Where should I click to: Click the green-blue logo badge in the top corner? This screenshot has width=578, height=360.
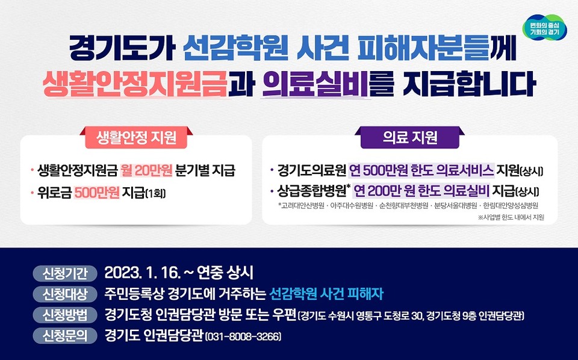[x=544, y=27]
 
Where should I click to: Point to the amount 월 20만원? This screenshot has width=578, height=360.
[x=146, y=171]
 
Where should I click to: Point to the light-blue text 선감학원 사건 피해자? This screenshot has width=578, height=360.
[x=327, y=294]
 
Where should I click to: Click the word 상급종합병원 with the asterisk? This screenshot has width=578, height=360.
[x=309, y=192]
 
